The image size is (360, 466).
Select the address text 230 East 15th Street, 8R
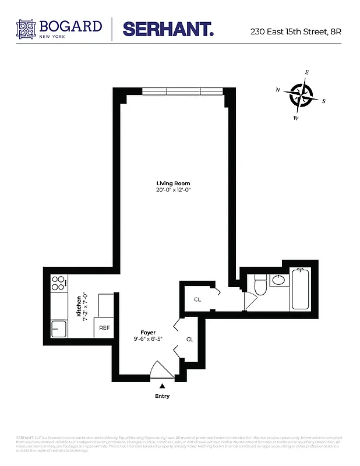[x=295, y=31]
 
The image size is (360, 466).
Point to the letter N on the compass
[x=278, y=90]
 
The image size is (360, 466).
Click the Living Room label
[x=173, y=183]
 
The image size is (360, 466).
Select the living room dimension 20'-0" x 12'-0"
[x=173, y=190]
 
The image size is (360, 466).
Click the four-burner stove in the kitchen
[x=58, y=283]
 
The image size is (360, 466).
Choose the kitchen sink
[x=59, y=329]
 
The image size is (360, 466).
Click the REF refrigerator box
[x=104, y=328]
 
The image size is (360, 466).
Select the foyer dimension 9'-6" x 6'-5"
[x=147, y=338]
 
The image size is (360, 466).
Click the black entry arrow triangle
[x=162, y=385]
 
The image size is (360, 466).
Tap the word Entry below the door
[x=162, y=396]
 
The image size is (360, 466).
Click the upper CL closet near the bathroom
[x=197, y=299]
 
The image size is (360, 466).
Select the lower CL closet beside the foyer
[x=190, y=339]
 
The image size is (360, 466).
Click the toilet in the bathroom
[x=260, y=285]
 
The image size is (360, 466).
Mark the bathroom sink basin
[x=278, y=280]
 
